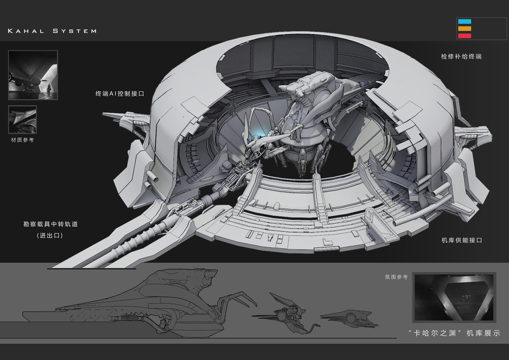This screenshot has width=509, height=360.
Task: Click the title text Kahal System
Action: pyautogui.click(x=52, y=31)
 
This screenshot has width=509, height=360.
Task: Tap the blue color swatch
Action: pyautogui.click(x=465, y=22)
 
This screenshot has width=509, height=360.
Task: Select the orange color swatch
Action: pyautogui.click(x=465, y=28)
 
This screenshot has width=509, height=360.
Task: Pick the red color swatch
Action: pyautogui.click(x=465, y=35)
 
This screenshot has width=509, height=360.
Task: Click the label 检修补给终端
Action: pyautogui.click(x=461, y=56)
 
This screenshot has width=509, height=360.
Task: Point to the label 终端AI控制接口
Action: pyautogui.click(x=120, y=94)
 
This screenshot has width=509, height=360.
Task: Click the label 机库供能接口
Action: pyautogui.click(x=462, y=240)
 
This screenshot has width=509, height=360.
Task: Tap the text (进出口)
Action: pyautogui.click(x=50, y=236)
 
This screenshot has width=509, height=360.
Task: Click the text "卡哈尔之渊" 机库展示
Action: pyautogui.click(x=453, y=332)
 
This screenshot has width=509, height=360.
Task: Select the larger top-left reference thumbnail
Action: pyautogui.click(x=33, y=75)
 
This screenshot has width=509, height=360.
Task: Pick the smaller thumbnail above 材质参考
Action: pyautogui.click(x=22, y=119)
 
